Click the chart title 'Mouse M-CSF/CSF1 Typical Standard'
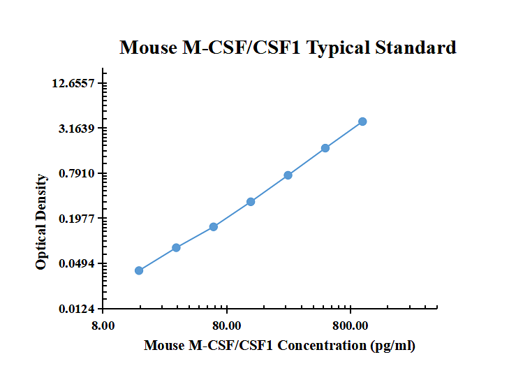point(288,48)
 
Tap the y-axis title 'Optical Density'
point(42,222)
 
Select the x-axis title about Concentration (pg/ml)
point(279,346)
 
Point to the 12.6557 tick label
point(73,84)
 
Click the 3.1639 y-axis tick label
point(76,129)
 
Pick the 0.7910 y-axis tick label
point(76,173)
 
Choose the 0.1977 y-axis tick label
point(76,219)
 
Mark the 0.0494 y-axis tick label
point(76,263)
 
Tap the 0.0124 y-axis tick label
point(76,309)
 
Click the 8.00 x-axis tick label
point(103,326)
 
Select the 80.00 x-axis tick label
point(226,326)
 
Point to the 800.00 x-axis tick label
point(351,326)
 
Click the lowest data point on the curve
point(139,270)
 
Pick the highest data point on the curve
point(362,122)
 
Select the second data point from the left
point(176,247)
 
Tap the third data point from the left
point(214,226)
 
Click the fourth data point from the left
point(251,202)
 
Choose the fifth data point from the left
point(288,175)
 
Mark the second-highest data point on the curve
point(325,148)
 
